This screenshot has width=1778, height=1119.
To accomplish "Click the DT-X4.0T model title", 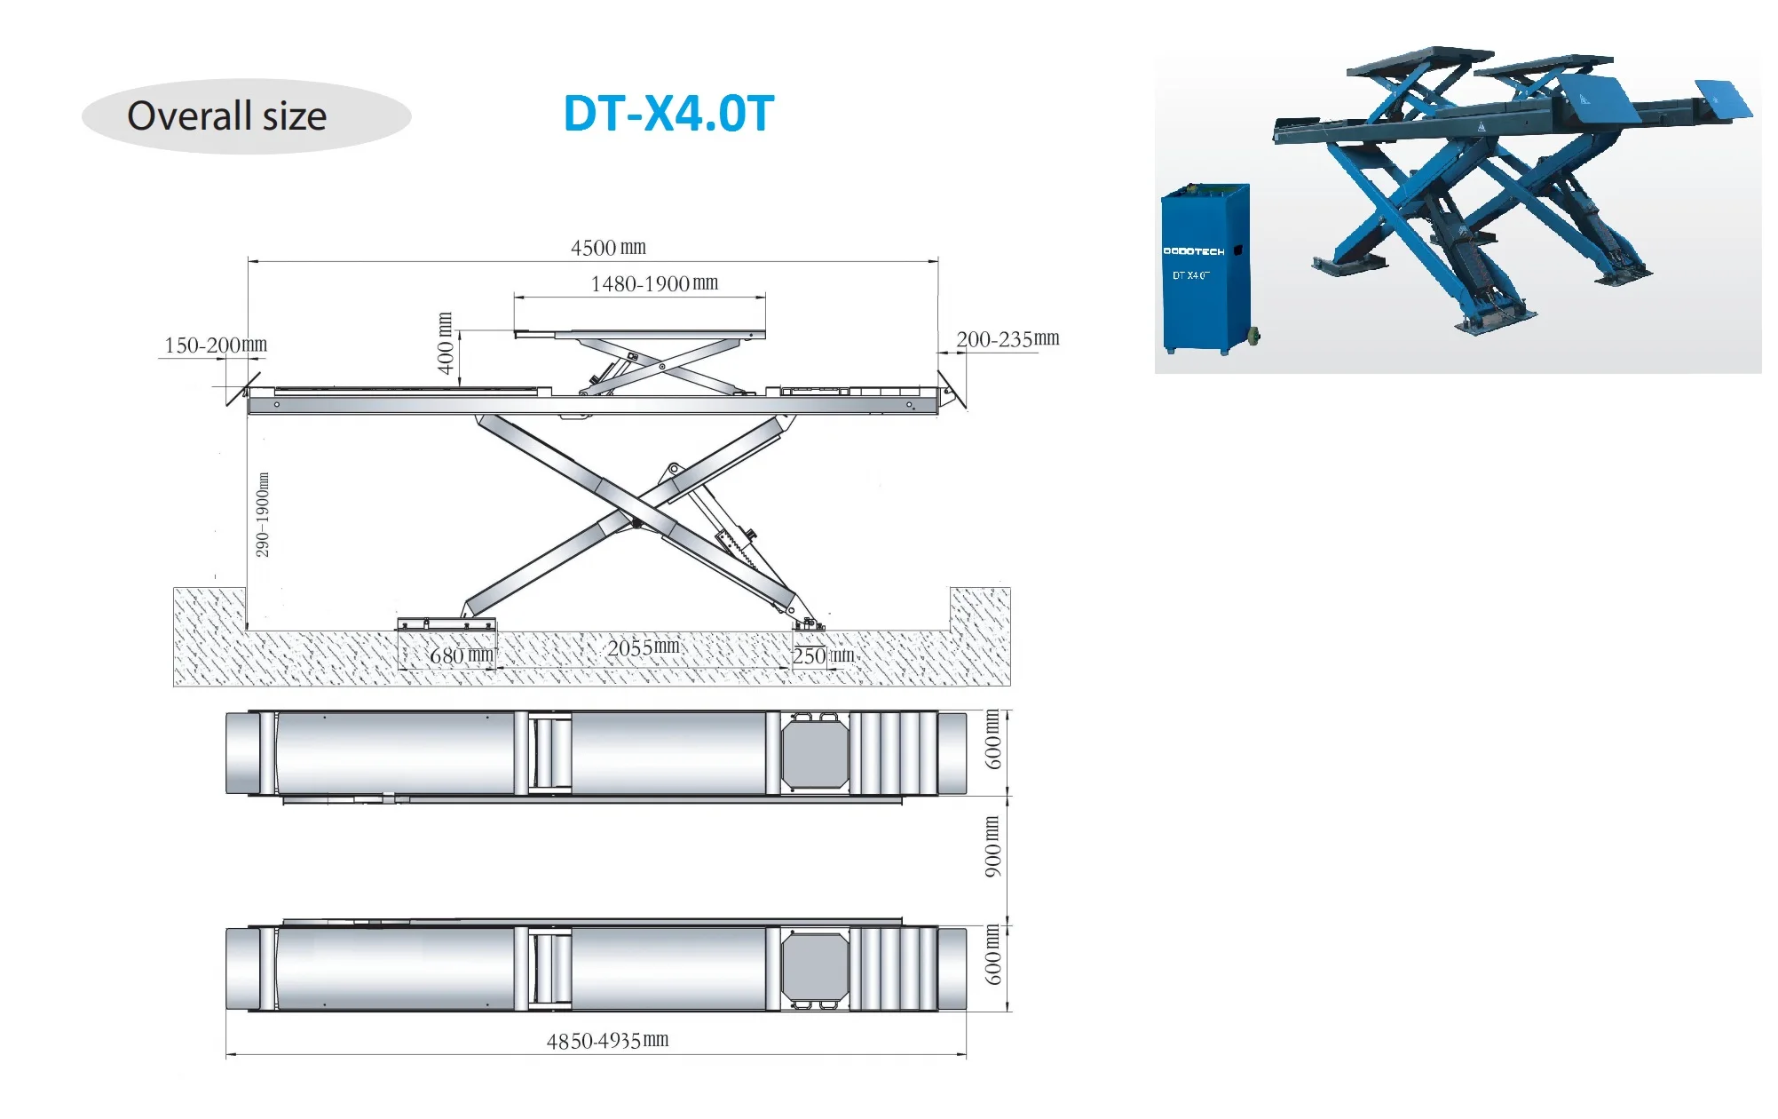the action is coord(668,115).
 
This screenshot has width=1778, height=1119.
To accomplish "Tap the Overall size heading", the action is coord(227,116).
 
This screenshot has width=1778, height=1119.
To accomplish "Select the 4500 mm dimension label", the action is coord(608,248).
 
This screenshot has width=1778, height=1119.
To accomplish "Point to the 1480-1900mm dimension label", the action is coord(654,284).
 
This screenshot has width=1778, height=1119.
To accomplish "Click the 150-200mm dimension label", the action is coord(216,345).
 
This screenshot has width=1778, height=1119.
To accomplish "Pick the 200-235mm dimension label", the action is coord(1008,339).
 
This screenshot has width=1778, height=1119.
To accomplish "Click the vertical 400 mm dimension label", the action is coord(446,343).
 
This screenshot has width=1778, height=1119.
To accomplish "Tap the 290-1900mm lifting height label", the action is coord(263,515).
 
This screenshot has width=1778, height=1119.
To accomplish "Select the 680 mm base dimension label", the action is coord(461,656).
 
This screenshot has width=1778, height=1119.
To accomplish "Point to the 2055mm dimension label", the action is coord(644,647).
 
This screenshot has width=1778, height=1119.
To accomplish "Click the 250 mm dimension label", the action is coord(823,656).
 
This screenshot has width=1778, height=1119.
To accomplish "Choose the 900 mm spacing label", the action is coord(992,846).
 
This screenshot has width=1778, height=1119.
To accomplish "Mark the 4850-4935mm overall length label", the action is coord(607,1041).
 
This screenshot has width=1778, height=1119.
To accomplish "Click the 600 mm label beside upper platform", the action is coord(992,739).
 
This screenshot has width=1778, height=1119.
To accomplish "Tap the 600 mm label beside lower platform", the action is coord(992,955).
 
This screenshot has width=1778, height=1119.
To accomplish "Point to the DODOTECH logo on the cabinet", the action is coord(1194,251).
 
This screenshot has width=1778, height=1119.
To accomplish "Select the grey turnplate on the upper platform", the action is coord(815,753).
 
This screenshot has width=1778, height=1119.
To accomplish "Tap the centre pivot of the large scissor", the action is coord(636,522).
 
